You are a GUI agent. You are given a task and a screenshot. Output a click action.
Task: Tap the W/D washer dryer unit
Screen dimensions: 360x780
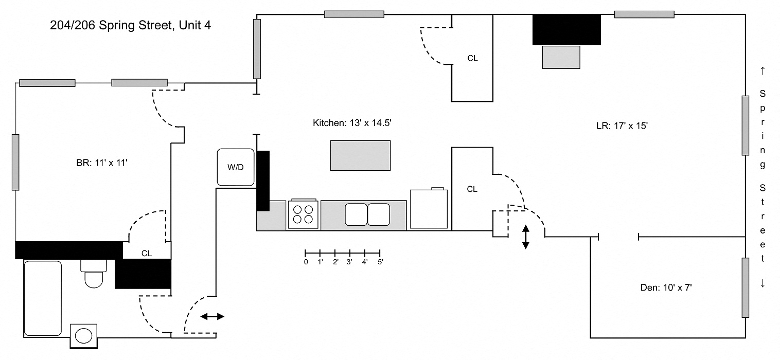[236, 167]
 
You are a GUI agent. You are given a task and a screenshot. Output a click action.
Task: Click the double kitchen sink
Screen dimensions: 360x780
[367, 214]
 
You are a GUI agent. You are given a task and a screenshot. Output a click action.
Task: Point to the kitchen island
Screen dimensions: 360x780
[360, 155]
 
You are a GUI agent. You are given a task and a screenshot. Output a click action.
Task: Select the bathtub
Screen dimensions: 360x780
[43, 298]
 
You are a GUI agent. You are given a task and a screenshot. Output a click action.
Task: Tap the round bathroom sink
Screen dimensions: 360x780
[83, 336]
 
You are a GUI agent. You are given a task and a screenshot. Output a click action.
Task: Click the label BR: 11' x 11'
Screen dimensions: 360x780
[101, 163]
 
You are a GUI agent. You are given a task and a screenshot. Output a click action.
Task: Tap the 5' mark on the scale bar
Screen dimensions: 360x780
[380, 262]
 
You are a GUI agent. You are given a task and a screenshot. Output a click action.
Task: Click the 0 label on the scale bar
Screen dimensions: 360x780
[306, 262]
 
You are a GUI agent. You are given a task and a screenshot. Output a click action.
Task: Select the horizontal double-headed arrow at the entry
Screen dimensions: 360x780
[212, 316]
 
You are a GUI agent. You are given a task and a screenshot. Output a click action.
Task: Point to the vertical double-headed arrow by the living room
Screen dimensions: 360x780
[525, 237]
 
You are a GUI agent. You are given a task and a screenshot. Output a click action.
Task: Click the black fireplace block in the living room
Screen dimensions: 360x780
[566, 30]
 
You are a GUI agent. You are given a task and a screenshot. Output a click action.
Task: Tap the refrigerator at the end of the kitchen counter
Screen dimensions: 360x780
[429, 209]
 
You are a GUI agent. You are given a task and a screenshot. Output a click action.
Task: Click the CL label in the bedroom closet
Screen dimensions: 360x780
[147, 254]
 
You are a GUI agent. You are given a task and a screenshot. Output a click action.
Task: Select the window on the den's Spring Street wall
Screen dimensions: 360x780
[745, 287]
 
